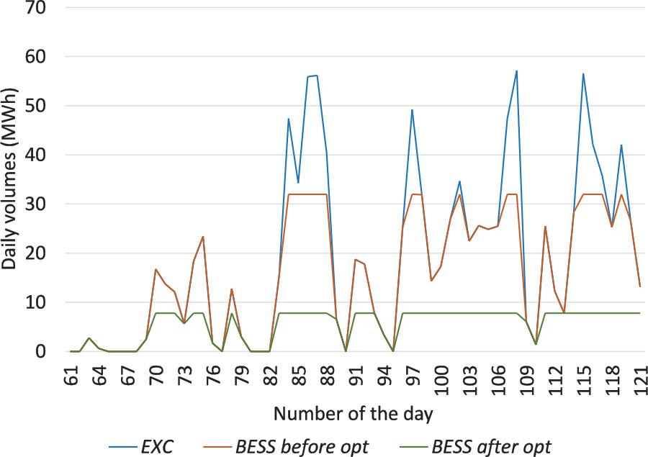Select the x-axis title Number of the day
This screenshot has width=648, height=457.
pos(353,415)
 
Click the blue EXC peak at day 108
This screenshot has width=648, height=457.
pos(516,71)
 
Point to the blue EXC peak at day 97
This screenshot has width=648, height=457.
pos(413,110)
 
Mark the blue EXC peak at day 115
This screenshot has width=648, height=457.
pos(582,74)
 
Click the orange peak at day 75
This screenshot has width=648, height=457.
pos(203,237)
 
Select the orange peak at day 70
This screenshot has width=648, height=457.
pos(156,269)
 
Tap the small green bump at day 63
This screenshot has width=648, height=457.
pos(89,338)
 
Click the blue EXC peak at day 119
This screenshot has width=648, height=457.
pos(621,145)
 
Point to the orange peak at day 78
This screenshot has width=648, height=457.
pos(231,289)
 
